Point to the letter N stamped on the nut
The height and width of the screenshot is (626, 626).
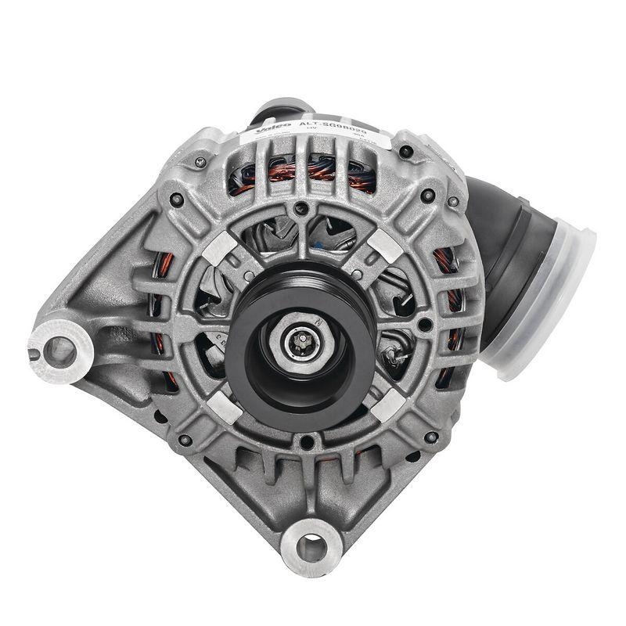[320, 322]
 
